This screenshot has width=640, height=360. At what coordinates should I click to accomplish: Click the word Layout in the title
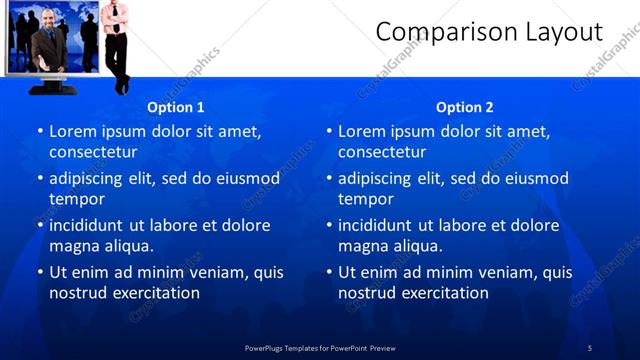click(564, 32)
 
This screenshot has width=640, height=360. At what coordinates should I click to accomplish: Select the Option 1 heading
click(175, 107)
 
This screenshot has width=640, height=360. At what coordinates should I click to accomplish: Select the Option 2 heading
click(464, 107)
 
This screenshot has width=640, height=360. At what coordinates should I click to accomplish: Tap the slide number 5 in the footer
click(590, 347)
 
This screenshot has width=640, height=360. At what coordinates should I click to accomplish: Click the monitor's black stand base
click(51, 88)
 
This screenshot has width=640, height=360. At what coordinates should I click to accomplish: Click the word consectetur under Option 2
click(381, 152)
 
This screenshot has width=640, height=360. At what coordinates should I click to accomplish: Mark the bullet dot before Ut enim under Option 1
click(40, 272)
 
